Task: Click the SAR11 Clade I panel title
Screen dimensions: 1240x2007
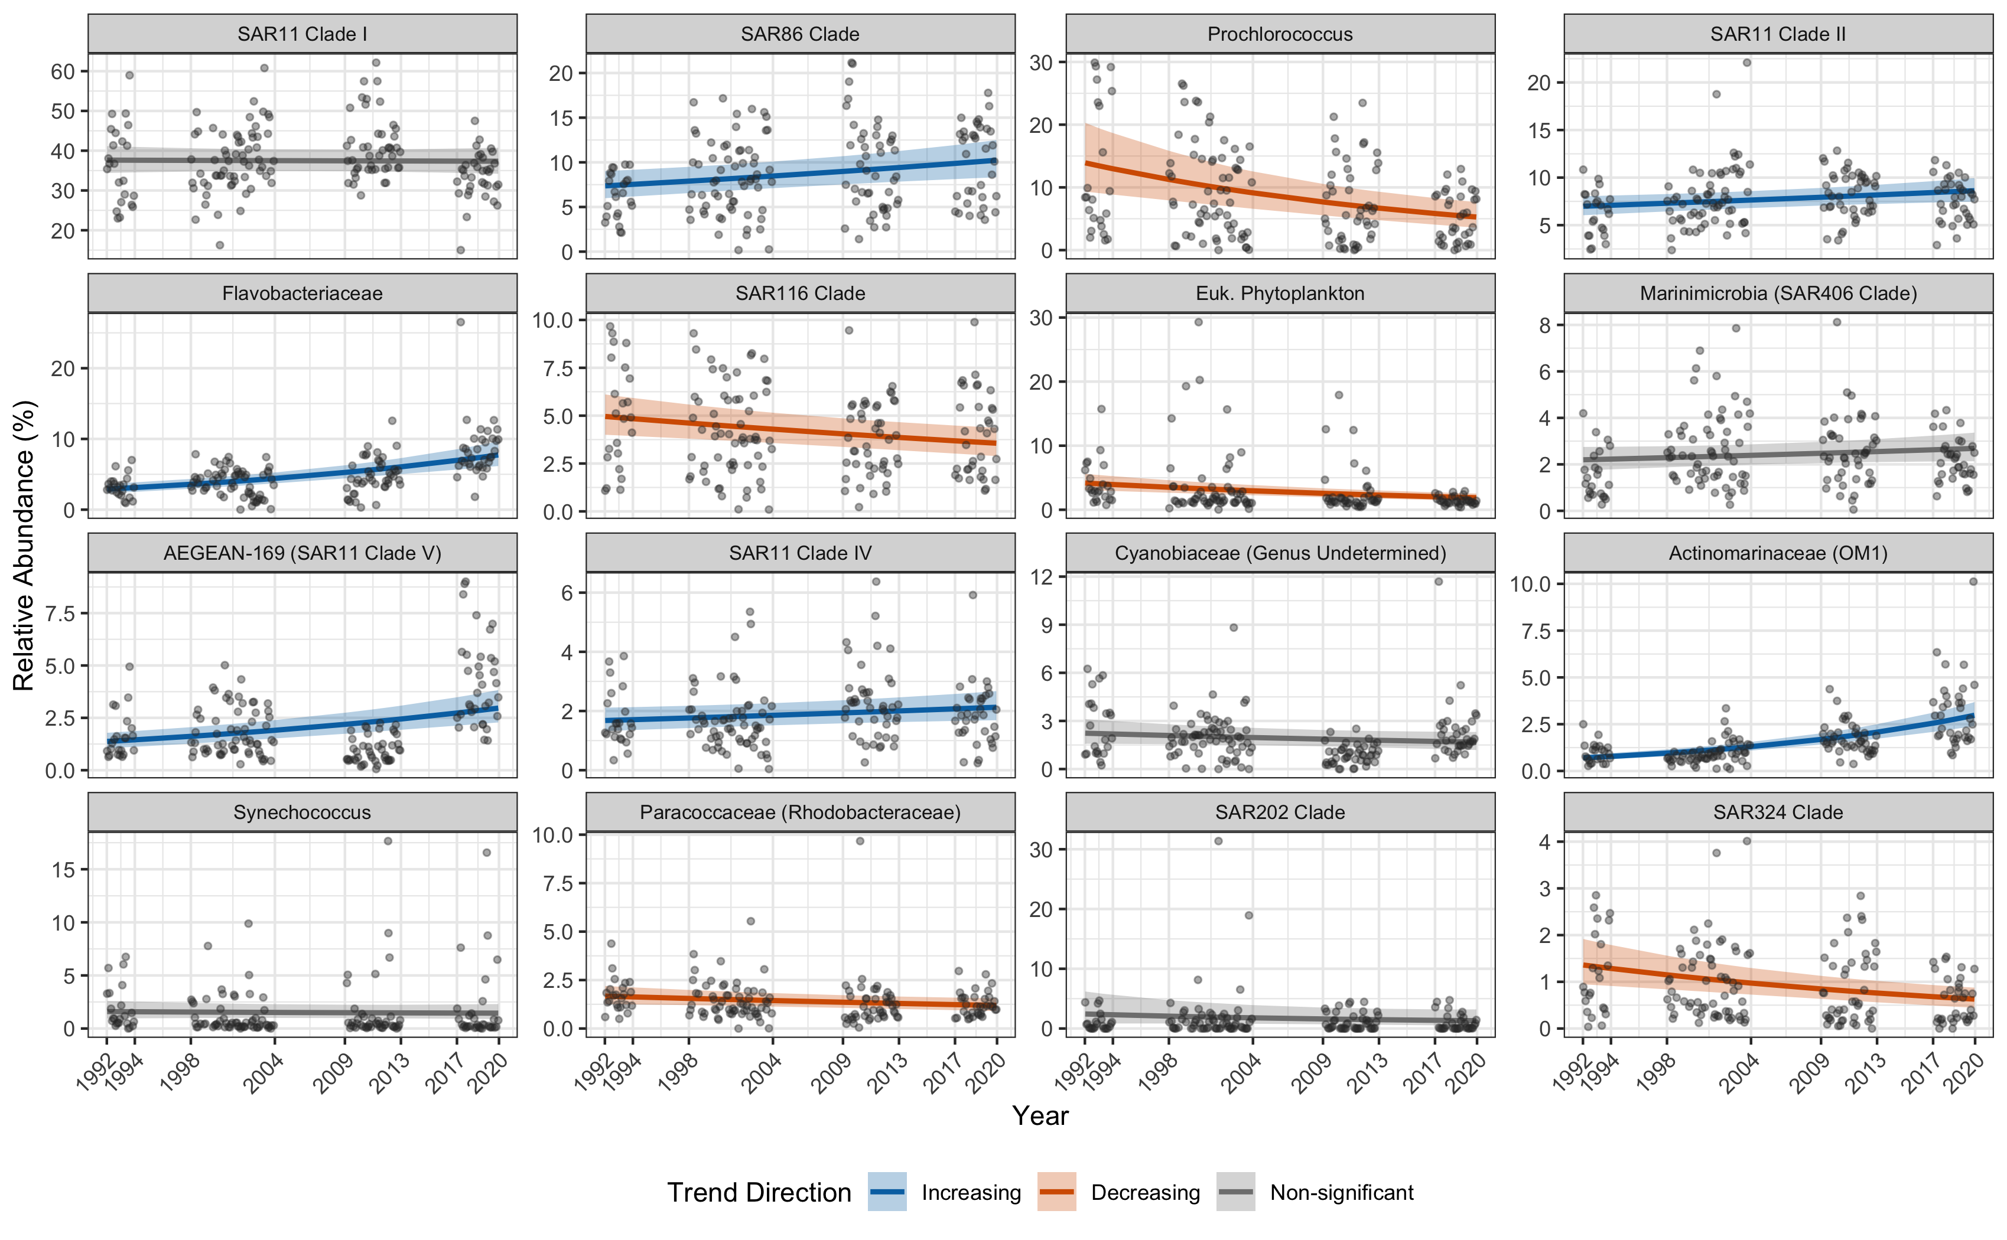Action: click(x=302, y=34)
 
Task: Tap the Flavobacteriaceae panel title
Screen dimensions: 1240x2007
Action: click(x=302, y=293)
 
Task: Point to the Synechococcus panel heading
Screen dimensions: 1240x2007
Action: click(x=302, y=812)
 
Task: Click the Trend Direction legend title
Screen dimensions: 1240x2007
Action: click(x=759, y=1192)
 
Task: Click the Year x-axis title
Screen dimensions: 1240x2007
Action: click(x=1040, y=1116)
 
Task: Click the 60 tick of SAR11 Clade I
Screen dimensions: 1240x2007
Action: click(x=63, y=71)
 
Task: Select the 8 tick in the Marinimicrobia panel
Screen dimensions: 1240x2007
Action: click(x=1545, y=325)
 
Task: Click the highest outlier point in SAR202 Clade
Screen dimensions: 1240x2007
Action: click(x=1218, y=841)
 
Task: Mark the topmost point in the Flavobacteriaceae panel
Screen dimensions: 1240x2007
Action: click(x=460, y=322)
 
